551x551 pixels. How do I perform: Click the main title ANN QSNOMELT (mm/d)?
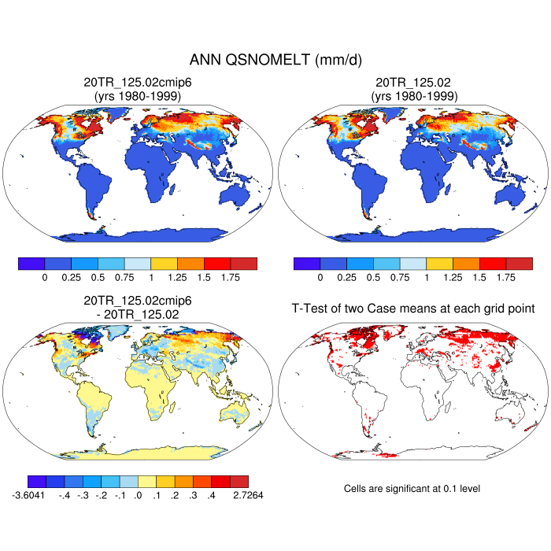click(x=275, y=60)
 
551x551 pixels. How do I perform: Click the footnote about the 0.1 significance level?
click(x=412, y=489)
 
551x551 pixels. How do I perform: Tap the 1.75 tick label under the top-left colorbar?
click(x=230, y=278)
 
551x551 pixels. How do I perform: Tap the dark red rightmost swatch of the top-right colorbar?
click(x=519, y=264)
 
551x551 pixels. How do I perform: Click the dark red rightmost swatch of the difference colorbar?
click(x=239, y=481)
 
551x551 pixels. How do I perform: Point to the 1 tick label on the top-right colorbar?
click(x=427, y=278)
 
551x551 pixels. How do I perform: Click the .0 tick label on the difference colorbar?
click(x=139, y=497)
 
